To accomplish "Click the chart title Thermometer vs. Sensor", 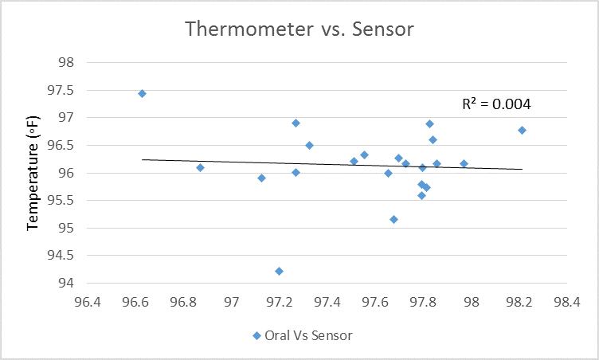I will coord(299,29).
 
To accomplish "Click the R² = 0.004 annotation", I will coord(496,104).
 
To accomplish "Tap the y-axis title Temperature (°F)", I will coord(33,171).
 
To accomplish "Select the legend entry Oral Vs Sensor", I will coord(302,335).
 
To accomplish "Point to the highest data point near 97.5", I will coord(142,93).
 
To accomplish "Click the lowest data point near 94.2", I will coord(279,271).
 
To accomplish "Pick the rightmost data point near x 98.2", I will coord(522,130).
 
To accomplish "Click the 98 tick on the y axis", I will coord(67,62).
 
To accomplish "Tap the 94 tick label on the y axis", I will coord(67,283).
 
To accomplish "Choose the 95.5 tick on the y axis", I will coord(63,201).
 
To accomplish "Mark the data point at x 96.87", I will coord(200,167).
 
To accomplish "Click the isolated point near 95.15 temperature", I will coord(393,219).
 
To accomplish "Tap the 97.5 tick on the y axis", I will coord(63,90).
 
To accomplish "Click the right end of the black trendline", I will coord(523,169).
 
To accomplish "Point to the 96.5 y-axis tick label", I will coord(63,146).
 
